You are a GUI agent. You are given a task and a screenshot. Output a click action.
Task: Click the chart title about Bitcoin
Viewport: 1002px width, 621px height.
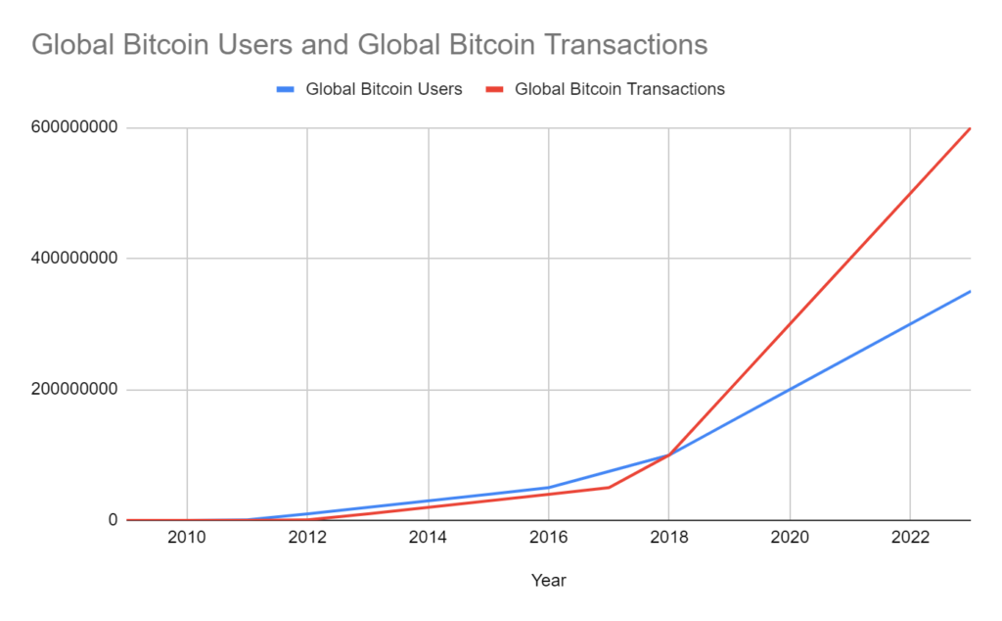370,45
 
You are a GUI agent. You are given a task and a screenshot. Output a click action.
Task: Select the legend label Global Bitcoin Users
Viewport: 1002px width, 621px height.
384,89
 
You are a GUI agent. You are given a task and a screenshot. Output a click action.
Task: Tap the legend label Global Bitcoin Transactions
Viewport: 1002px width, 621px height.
619,89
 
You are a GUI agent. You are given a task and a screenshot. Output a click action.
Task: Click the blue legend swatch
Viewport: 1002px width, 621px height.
286,89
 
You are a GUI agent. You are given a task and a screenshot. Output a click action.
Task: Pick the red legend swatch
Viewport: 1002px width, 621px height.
495,89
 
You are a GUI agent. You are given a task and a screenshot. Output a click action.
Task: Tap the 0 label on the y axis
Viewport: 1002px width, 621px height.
113,520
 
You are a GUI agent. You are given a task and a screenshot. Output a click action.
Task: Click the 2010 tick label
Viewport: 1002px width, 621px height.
187,539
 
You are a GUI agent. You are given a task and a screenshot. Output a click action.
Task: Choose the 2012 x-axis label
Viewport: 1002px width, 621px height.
307,539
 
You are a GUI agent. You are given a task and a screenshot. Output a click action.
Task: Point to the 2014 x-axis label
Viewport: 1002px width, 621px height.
429,539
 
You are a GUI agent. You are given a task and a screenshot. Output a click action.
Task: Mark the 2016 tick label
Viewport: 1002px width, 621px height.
549,539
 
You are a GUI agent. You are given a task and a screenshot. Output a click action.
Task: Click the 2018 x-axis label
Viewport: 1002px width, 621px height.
669,539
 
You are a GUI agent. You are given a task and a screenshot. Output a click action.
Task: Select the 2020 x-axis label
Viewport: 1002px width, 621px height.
790,539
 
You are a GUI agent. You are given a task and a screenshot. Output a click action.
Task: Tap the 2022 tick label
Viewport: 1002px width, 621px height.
911,539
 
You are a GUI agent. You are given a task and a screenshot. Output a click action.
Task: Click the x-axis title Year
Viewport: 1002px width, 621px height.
548,581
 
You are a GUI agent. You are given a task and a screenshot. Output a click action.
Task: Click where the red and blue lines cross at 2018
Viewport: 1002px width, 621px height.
669,454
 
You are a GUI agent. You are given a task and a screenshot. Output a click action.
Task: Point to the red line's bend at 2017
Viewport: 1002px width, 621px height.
609,487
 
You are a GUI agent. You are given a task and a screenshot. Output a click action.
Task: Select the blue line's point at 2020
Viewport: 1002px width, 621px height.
790,389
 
